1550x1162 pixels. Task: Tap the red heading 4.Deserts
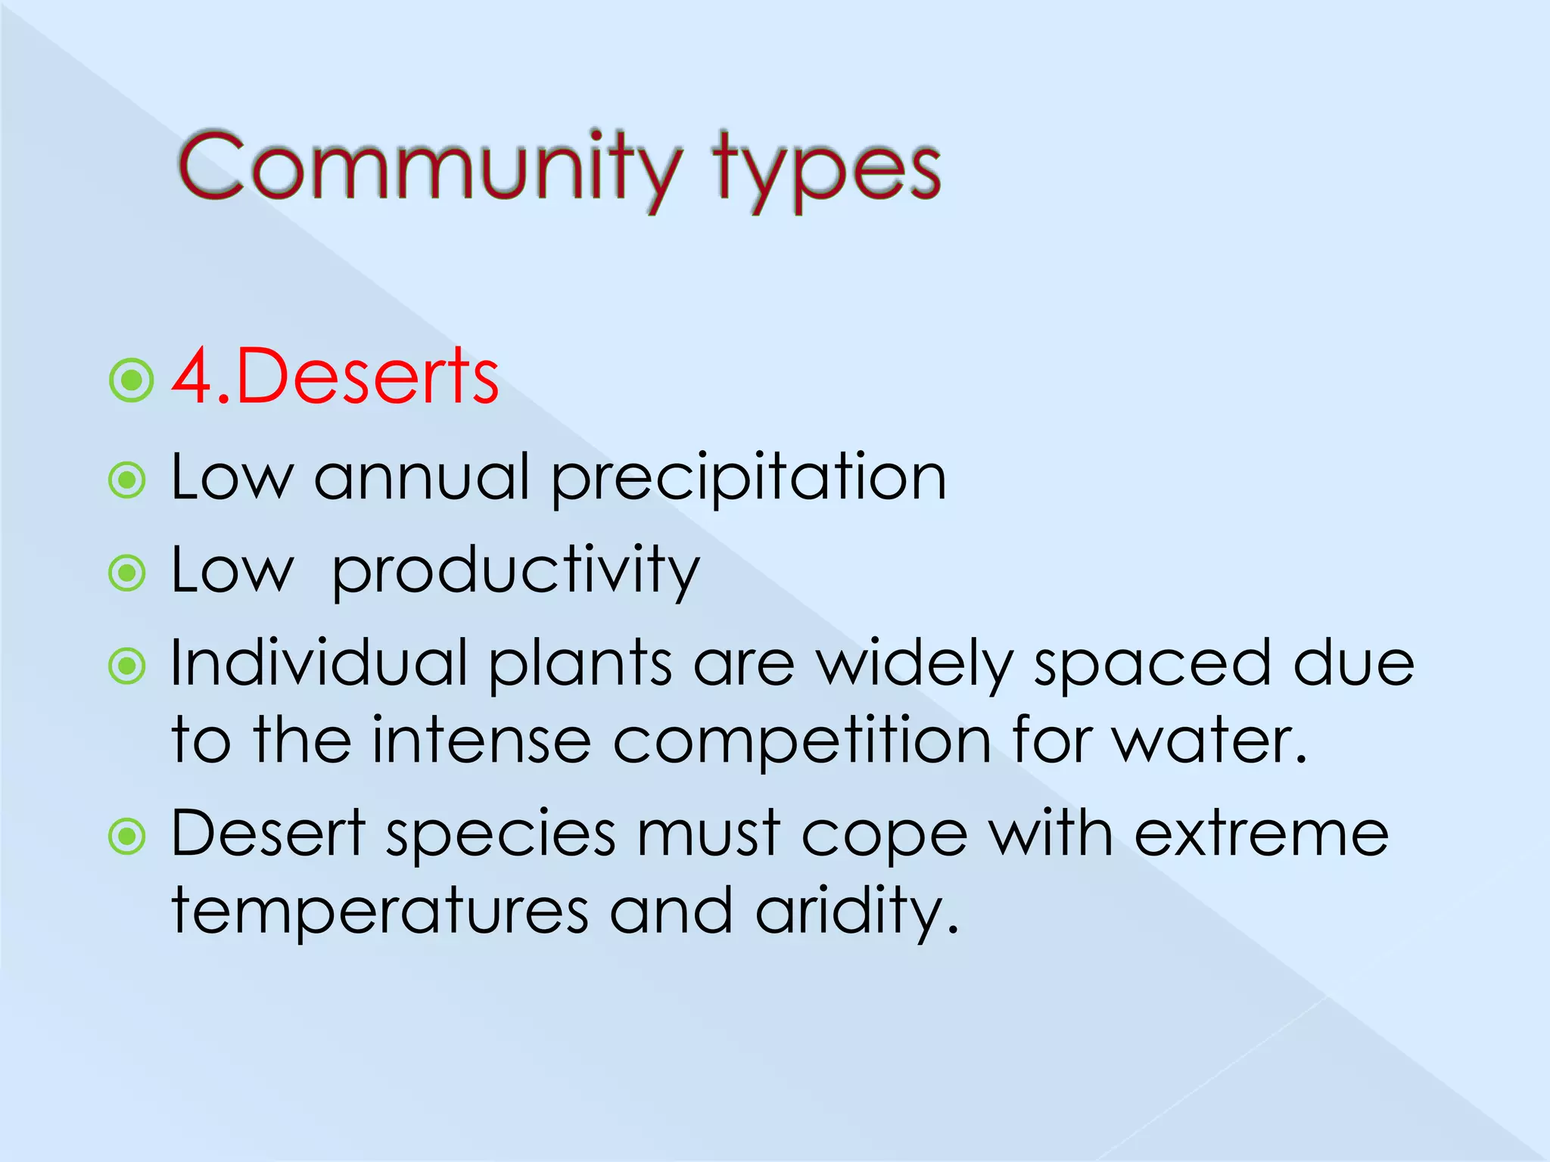point(335,377)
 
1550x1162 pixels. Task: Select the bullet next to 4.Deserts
point(132,380)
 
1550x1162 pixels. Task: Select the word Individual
point(319,663)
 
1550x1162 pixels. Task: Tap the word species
point(501,835)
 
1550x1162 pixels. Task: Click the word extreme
point(1261,834)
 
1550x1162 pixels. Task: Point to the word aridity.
point(856,912)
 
